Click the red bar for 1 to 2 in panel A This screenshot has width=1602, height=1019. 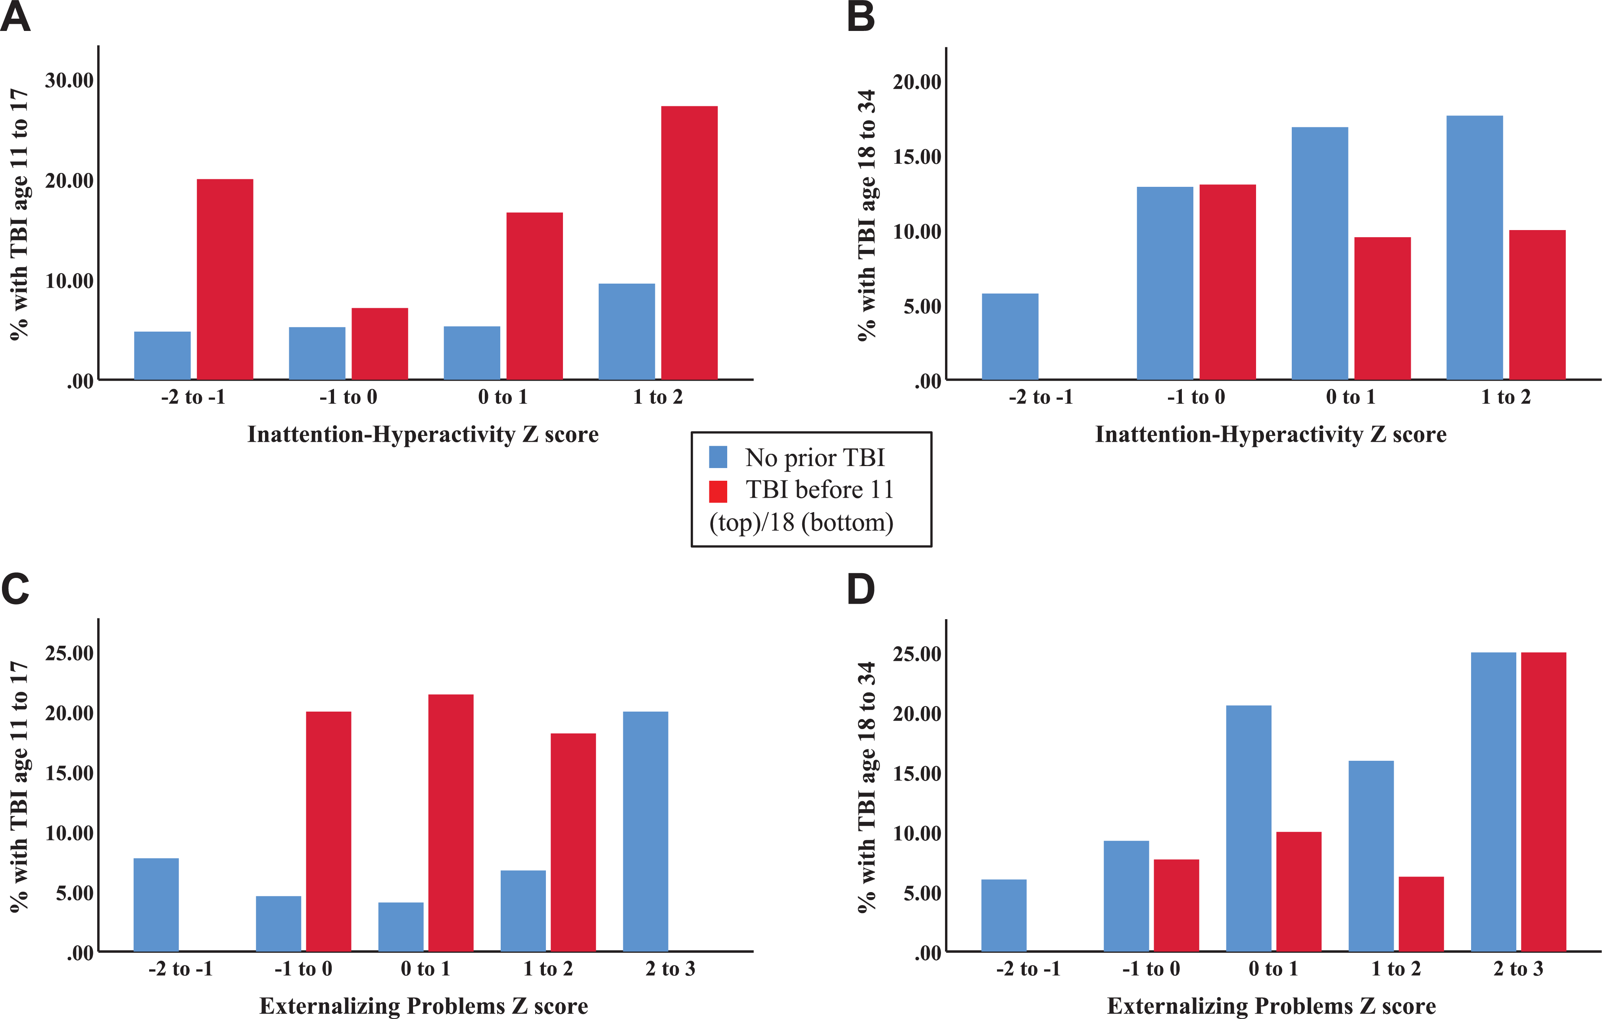tap(689, 243)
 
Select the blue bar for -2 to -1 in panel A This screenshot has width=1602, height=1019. tap(162, 356)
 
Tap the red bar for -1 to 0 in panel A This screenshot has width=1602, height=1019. tap(380, 344)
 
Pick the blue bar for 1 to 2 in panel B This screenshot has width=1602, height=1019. tap(1474, 248)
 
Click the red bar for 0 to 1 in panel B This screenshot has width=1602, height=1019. tap(1383, 309)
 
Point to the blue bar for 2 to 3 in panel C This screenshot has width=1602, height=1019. tap(645, 831)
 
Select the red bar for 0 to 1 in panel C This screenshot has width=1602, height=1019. tap(451, 823)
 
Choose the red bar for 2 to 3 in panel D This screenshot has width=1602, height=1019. tap(1543, 802)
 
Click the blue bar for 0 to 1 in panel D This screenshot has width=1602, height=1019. tap(1249, 829)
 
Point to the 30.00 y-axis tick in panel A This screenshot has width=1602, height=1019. tap(69, 81)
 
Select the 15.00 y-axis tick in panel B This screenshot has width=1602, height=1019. tap(917, 157)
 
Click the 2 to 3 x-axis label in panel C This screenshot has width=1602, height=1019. tap(670, 969)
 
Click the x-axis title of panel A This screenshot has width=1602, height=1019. tap(423, 434)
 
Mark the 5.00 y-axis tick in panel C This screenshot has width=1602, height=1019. tap(75, 892)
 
